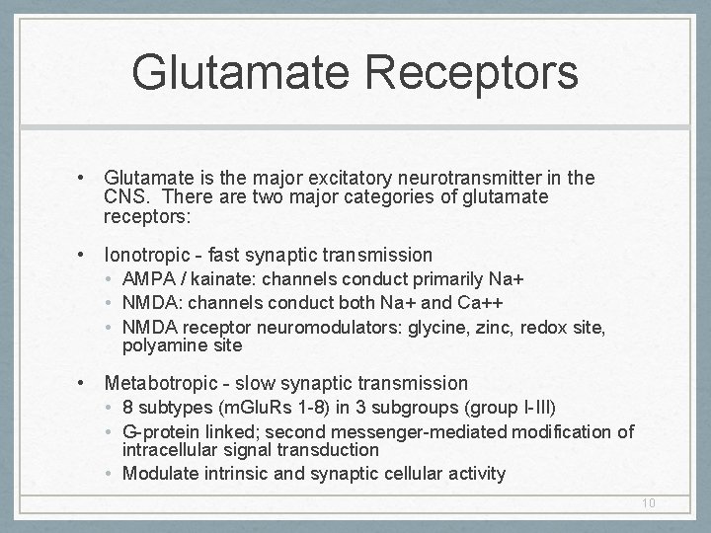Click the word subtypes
pyautogui.click(x=171, y=407)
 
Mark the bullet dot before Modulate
pyautogui.click(x=111, y=474)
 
